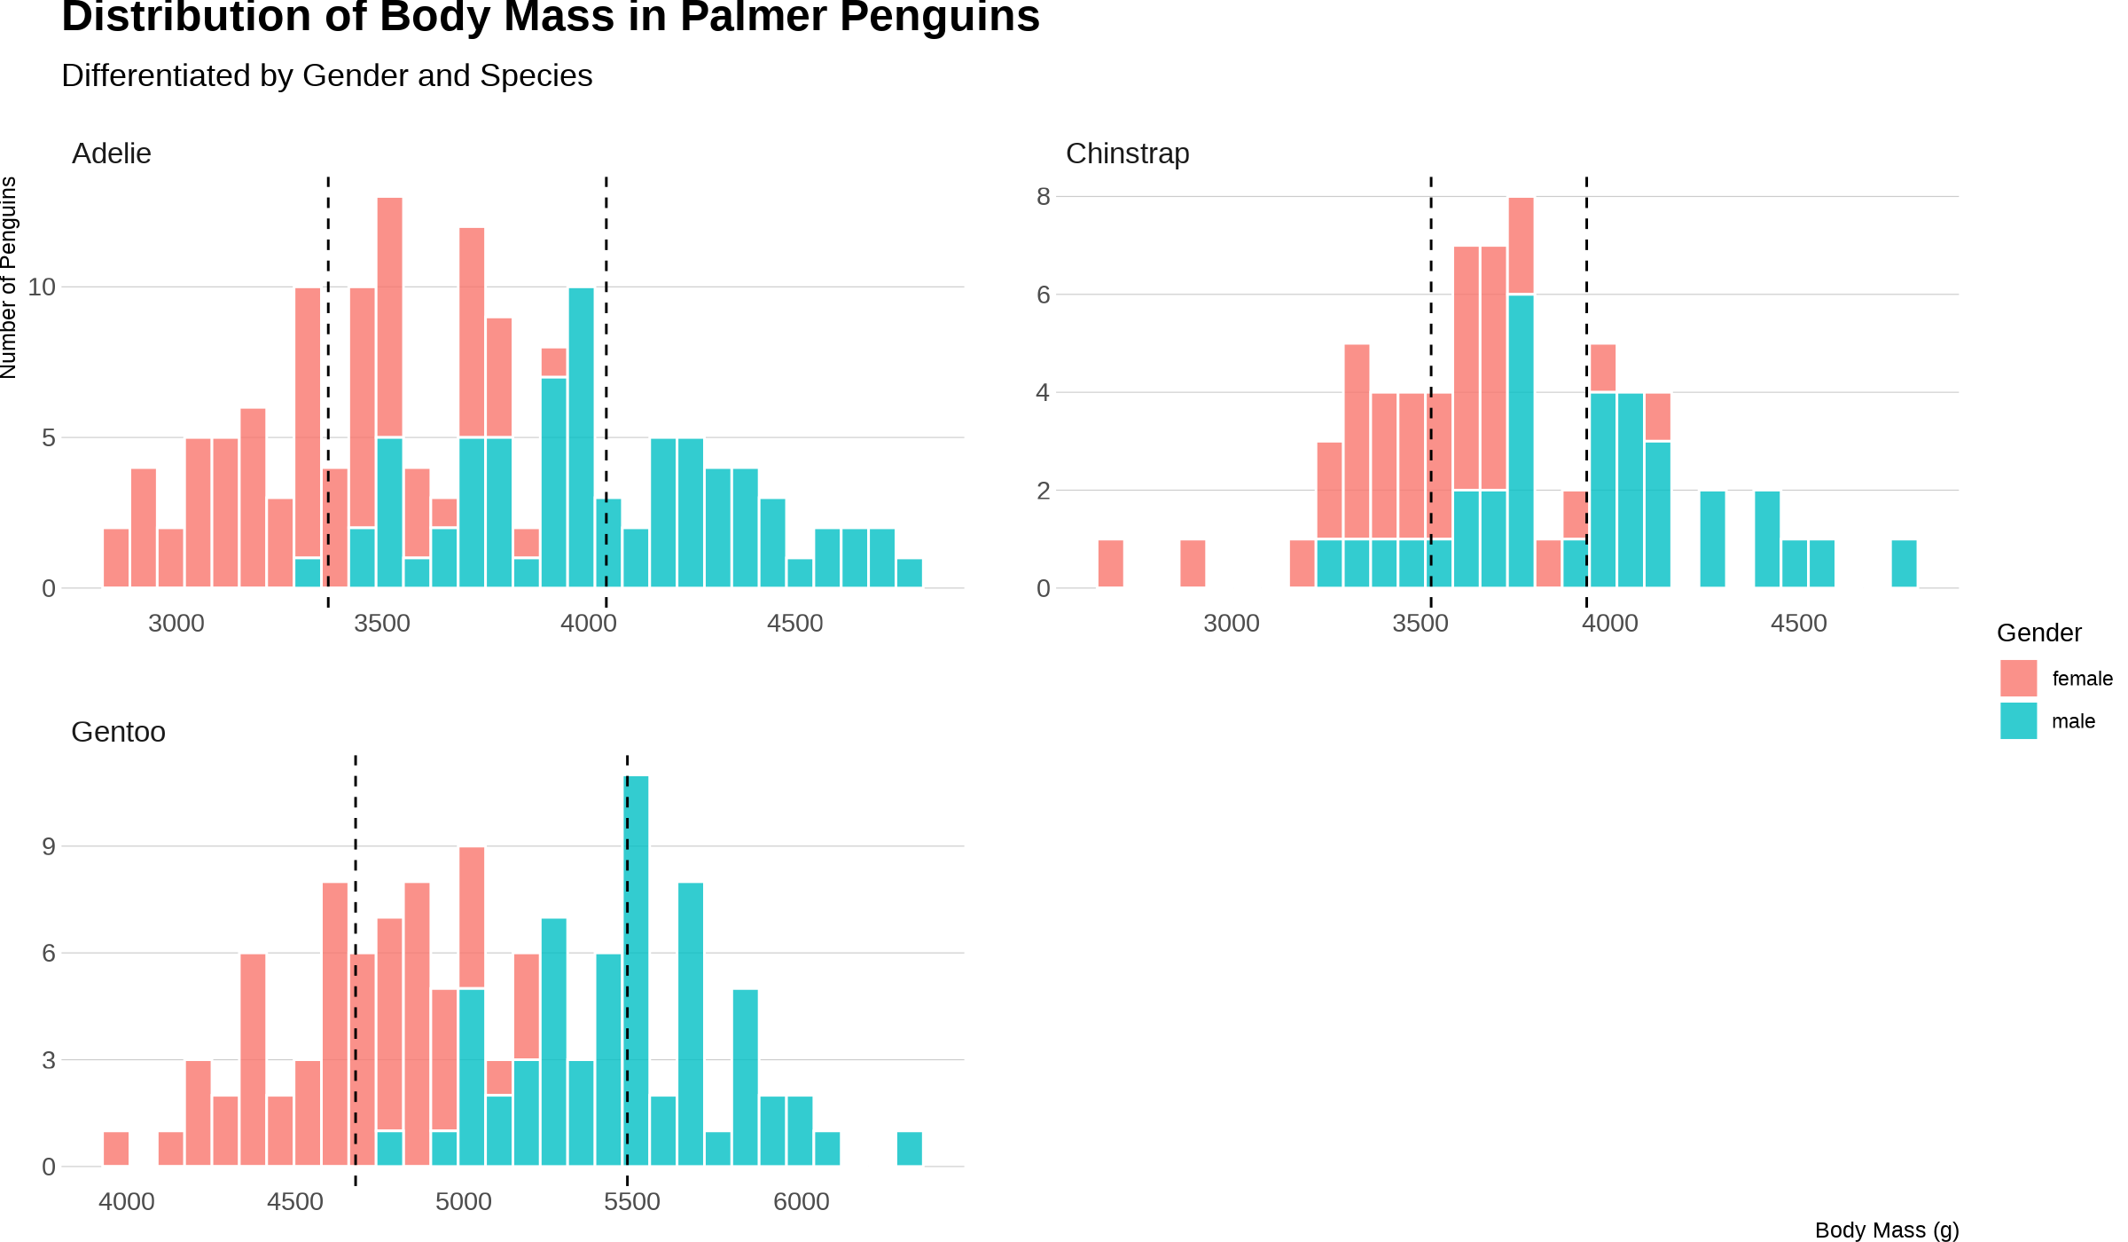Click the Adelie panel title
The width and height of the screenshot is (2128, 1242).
click(112, 153)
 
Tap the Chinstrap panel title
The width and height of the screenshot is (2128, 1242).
click(1127, 153)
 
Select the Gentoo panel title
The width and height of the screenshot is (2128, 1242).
click(118, 732)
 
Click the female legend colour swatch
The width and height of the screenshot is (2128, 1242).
click(2018, 679)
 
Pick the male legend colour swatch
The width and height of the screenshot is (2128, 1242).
click(2018, 721)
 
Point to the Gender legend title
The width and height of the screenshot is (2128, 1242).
click(2038, 633)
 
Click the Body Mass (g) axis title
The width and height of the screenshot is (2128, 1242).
click(1887, 1230)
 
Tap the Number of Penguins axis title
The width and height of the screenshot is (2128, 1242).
click(9, 278)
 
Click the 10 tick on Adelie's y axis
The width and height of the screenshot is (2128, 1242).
click(42, 287)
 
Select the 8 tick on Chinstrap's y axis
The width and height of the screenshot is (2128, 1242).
click(1043, 196)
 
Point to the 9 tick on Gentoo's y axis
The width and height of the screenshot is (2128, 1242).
click(49, 846)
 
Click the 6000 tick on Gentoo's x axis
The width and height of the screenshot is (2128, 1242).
click(802, 1201)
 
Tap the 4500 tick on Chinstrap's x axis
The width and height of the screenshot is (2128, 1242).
click(1799, 623)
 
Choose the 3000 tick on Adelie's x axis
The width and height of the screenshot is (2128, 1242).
click(176, 623)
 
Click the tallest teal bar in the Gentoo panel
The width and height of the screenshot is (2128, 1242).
click(637, 971)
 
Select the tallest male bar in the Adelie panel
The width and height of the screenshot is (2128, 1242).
click(581, 437)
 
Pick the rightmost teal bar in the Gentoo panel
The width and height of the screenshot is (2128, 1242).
click(909, 1149)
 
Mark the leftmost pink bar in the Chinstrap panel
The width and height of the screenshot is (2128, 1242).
click(1110, 563)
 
